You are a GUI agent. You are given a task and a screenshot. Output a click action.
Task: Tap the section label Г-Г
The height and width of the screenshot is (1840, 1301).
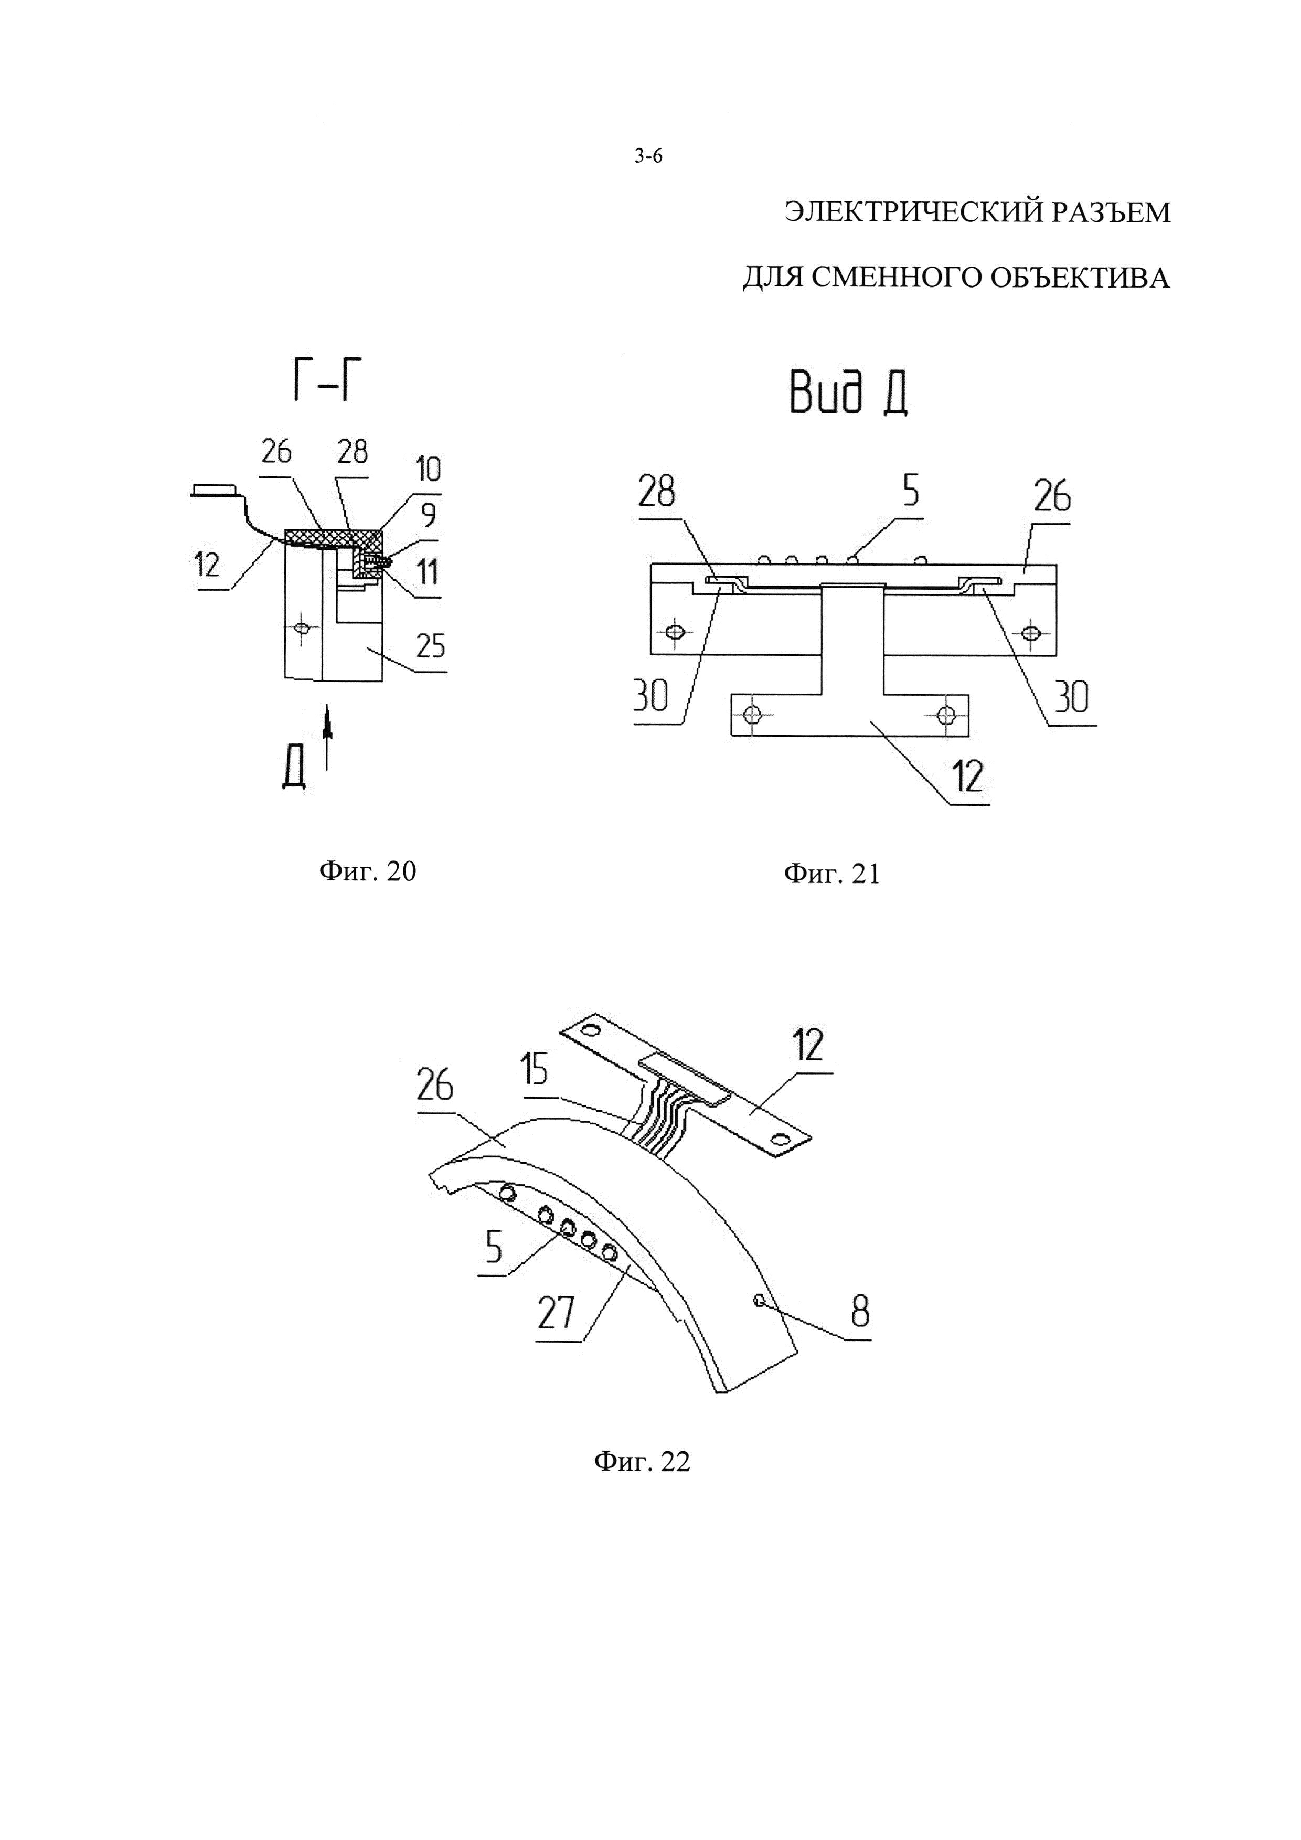pyautogui.click(x=321, y=384)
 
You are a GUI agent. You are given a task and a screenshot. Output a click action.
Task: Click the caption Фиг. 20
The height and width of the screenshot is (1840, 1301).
pyautogui.click(x=368, y=871)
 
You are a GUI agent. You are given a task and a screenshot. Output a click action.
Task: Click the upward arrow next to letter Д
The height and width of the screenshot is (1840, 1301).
pyautogui.click(x=327, y=737)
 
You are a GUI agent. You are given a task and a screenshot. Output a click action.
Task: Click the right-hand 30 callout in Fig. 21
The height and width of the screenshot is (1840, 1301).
pyautogui.click(x=1071, y=698)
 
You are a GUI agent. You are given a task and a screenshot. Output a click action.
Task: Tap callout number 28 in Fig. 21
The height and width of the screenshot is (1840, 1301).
pyautogui.click(x=656, y=492)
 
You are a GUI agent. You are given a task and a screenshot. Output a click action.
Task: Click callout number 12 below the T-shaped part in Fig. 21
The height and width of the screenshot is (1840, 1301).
pyautogui.click(x=968, y=775)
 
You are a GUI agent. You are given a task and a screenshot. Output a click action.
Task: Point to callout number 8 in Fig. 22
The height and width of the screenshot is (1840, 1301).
pyautogui.click(x=860, y=1311)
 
